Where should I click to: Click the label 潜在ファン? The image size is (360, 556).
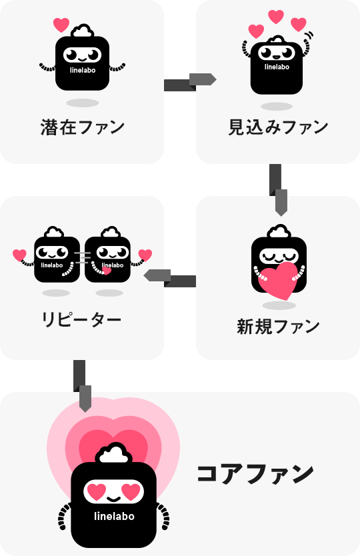(83, 127)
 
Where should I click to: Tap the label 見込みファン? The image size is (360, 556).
(278, 127)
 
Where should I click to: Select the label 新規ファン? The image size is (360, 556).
(279, 326)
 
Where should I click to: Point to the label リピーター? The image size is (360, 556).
(81, 319)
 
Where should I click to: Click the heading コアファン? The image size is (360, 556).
(255, 474)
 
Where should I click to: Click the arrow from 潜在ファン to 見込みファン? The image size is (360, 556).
(190, 82)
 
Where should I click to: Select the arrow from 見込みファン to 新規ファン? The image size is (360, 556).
(278, 190)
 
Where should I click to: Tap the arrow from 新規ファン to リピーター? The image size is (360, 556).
(170, 278)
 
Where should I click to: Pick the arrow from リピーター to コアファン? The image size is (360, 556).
(82, 386)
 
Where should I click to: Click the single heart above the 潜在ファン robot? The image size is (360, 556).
(61, 25)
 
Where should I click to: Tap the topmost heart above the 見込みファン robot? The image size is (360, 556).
(276, 16)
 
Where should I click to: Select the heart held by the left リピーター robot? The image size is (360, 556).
(19, 255)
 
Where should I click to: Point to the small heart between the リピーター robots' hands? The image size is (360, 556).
(107, 271)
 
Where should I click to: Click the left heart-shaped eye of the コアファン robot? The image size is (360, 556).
(97, 491)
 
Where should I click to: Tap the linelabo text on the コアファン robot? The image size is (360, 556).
(114, 516)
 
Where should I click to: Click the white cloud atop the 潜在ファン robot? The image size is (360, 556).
(82, 31)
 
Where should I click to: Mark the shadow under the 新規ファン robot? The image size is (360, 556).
(279, 305)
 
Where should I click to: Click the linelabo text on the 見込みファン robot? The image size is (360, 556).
(277, 67)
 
